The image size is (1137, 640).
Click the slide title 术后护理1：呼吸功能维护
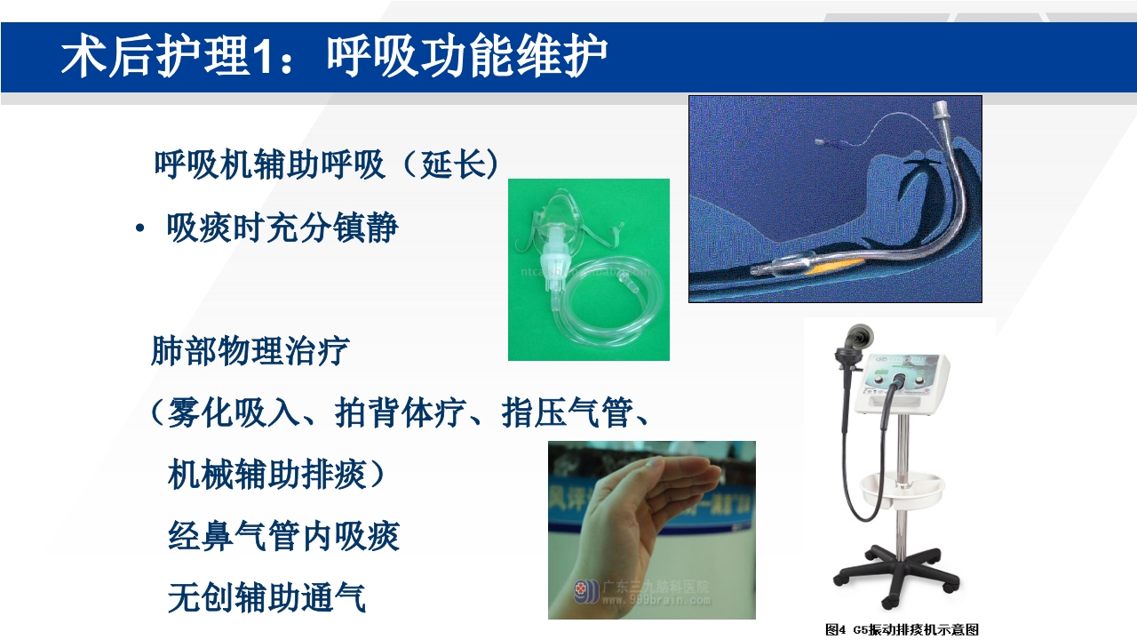point(334,57)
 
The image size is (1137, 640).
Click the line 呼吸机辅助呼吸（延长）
point(326,164)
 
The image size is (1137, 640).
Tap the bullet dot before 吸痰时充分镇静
point(140,229)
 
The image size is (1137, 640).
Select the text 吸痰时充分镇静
point(282,228)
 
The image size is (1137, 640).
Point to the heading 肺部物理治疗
point(250,351)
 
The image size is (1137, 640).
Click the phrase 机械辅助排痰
point(266,475)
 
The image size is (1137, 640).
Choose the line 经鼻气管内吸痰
point(283,536)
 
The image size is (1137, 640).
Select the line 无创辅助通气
point(266,597)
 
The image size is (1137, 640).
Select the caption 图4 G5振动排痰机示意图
point(902,629)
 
